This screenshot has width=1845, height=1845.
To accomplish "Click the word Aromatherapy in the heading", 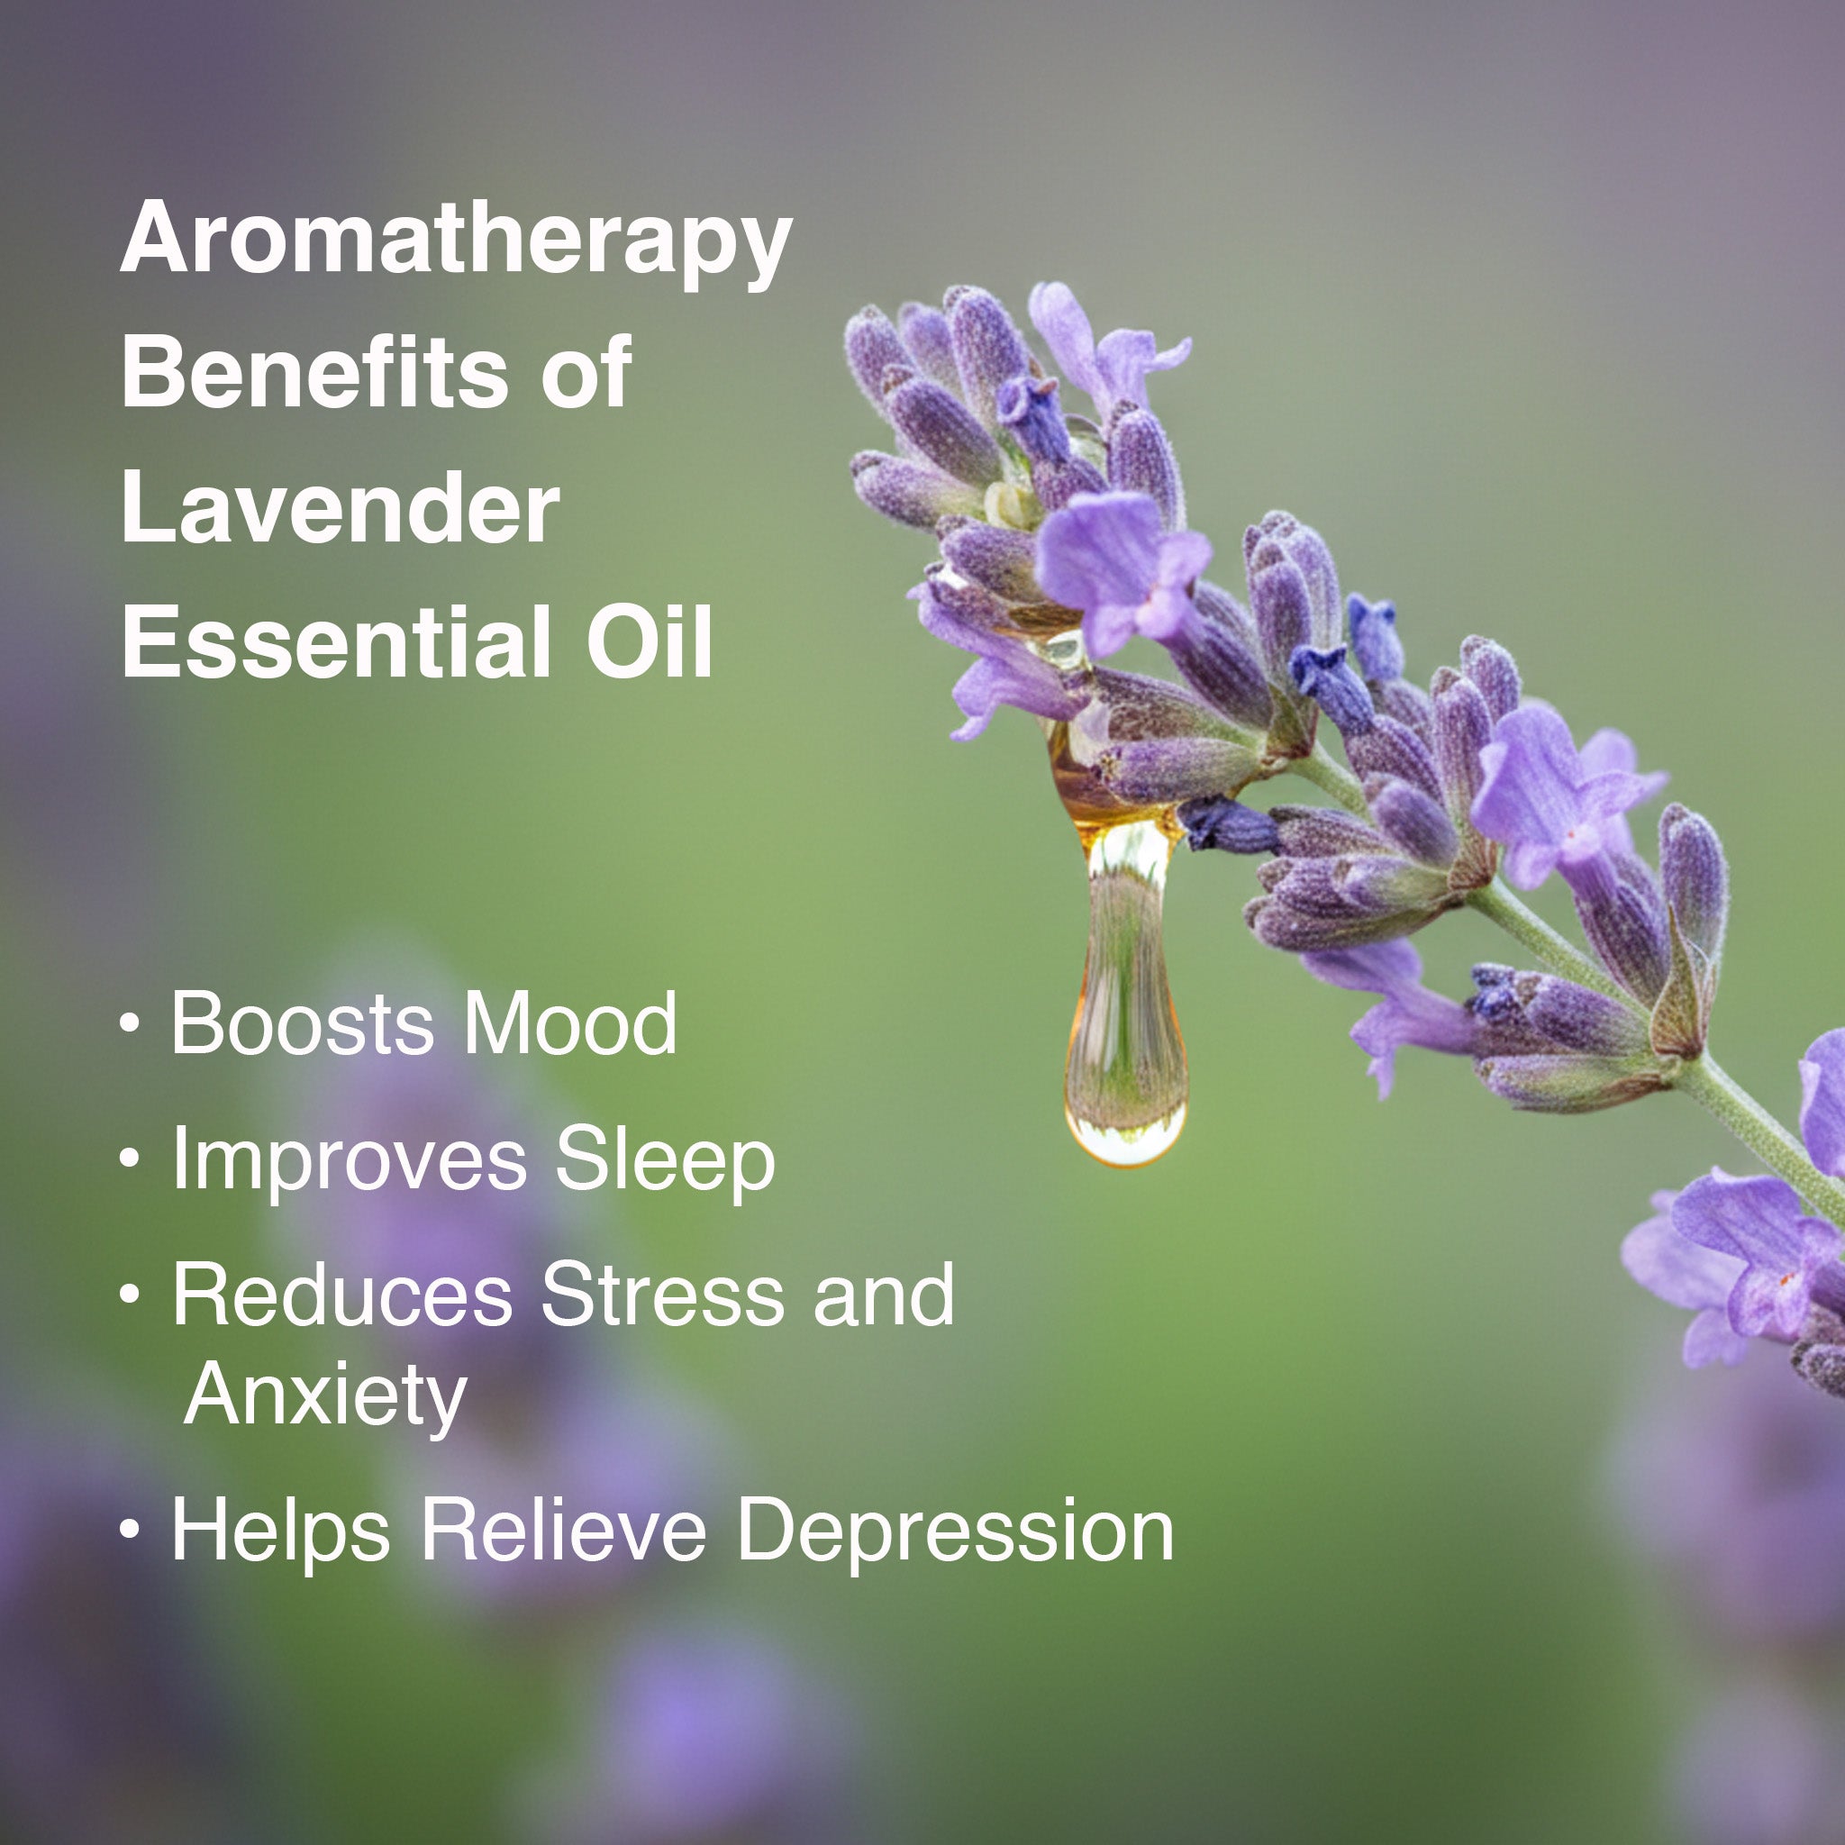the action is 457,242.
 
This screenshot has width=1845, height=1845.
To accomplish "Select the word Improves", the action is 350,1162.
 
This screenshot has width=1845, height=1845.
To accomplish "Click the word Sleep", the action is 666,1162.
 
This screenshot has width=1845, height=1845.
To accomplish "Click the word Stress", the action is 663,1295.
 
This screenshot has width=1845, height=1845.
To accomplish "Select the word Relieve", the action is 563,1531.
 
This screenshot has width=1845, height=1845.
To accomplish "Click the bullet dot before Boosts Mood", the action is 130,1023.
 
